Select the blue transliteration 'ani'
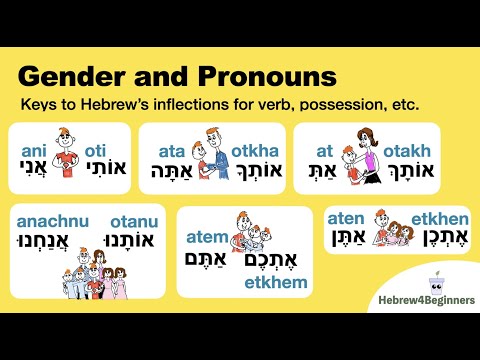pyautogui.click(x=33, y=151)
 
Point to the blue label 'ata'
pyautogui.click(x=171, y=150)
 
